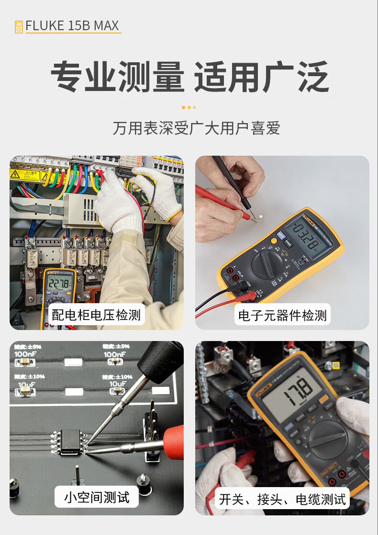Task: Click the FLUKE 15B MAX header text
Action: pos(72,26)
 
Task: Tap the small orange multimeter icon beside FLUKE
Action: pos(19,26)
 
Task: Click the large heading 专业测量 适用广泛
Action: pos(189,77)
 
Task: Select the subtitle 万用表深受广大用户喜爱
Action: pos(196,128)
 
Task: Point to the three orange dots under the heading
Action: pos(189,108)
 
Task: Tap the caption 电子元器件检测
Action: pos(282,315)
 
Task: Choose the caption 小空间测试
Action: pos(97,497)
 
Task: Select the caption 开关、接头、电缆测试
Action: pos(282,500)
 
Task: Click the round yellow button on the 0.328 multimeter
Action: pos(274,241)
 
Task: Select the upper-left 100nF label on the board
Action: pos(23,354)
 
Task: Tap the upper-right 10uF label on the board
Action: pos(118,384)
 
